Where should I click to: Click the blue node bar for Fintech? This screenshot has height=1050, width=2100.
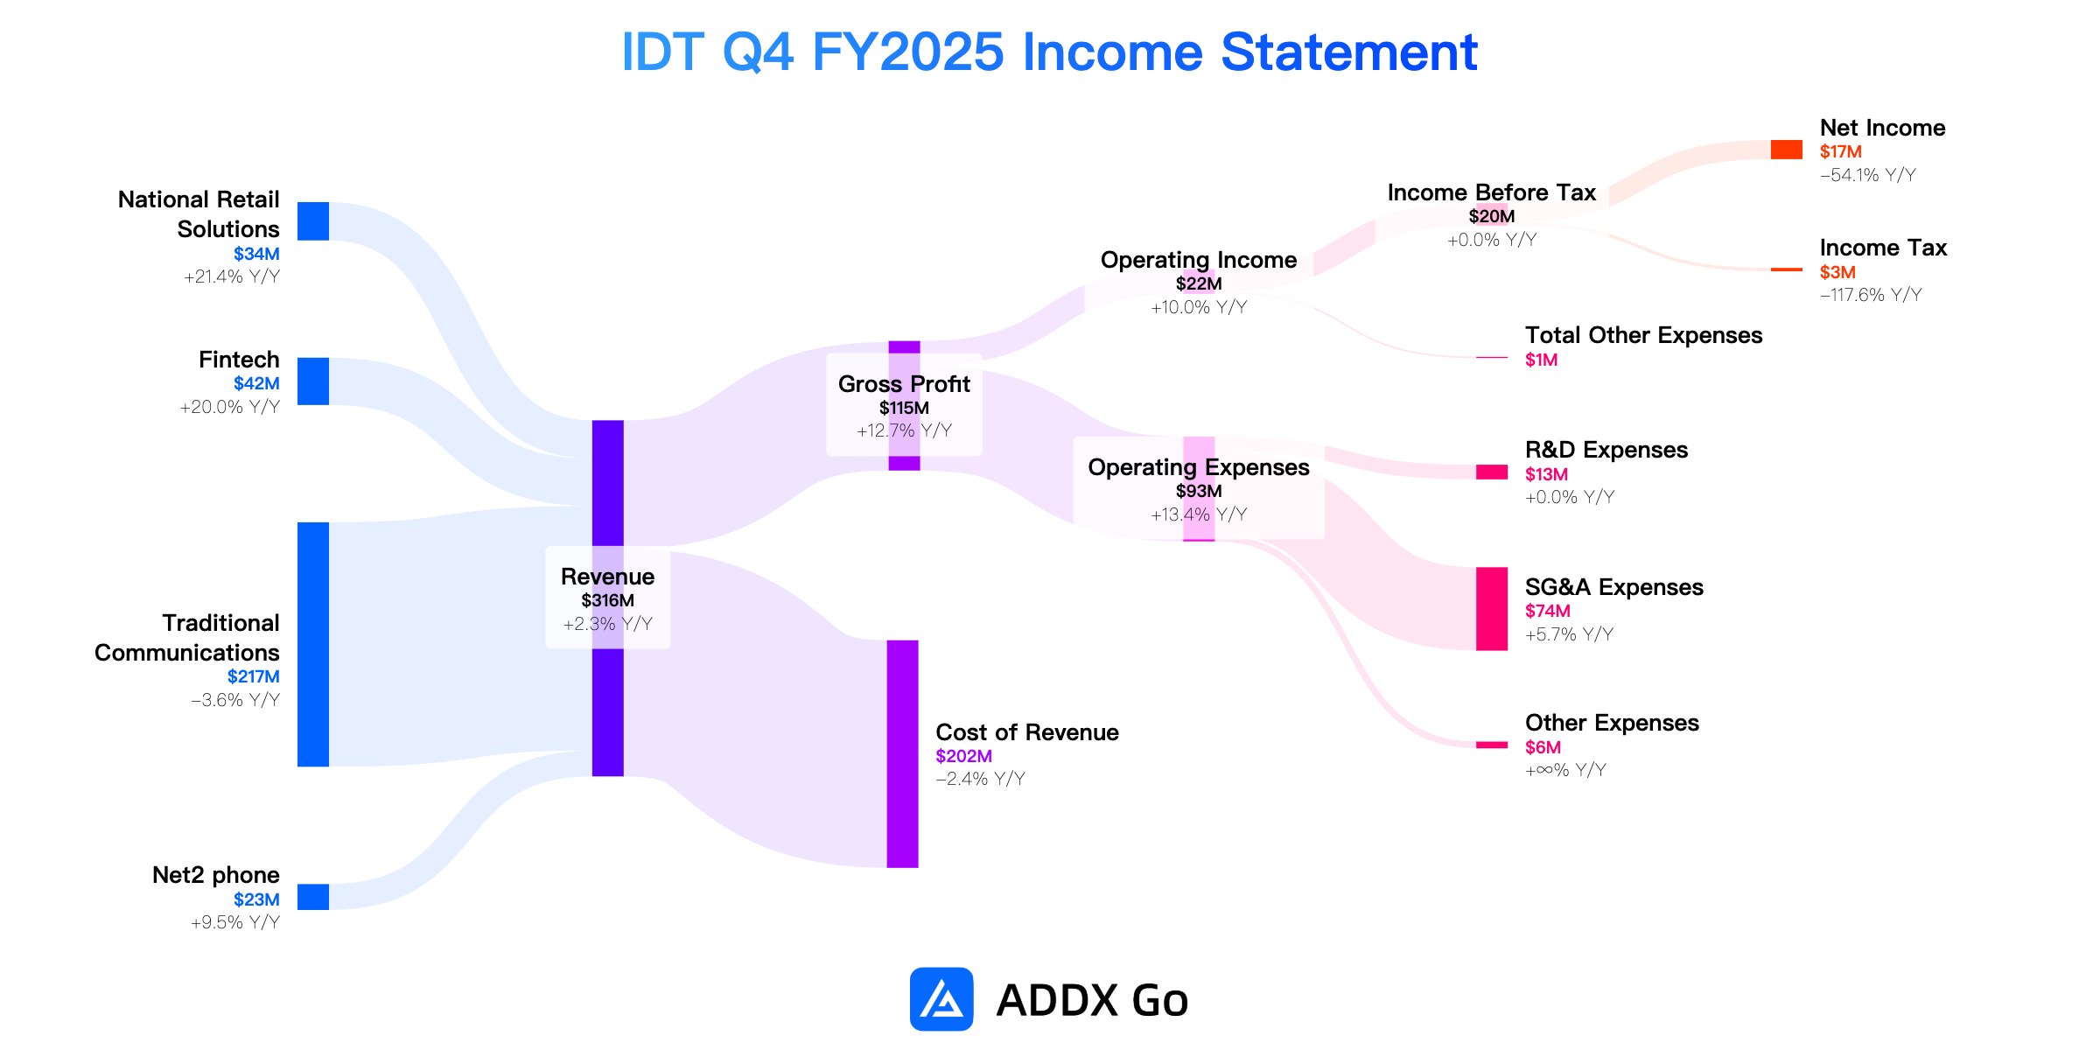pos(313,381)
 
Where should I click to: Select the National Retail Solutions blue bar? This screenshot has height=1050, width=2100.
pos(313,221)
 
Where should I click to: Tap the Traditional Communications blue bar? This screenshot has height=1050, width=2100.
pos(313,645)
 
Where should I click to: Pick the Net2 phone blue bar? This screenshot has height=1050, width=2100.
pos(313,897)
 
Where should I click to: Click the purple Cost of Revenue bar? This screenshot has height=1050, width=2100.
pos(903,754)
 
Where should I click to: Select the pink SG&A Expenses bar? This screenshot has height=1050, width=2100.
pos(1492,609)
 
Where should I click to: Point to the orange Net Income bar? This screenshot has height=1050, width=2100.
pos(1787,150)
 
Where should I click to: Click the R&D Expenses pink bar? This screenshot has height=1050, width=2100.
pos(1492,472)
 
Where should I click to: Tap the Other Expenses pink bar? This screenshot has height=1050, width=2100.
pos(1492,745)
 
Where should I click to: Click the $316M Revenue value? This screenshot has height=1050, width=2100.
pos(608,600)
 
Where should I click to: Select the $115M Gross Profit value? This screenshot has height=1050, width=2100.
pos(904,408)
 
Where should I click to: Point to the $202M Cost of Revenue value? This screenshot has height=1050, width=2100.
pos(964,756)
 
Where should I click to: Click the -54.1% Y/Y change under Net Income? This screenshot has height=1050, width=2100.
pos(1868,175)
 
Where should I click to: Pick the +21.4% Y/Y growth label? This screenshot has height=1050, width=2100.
pos(232,276)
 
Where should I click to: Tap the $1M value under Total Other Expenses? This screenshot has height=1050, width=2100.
pos(1542,360)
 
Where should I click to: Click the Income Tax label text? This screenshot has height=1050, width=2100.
pos(1883,248)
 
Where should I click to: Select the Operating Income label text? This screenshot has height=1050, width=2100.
pos(1199,260)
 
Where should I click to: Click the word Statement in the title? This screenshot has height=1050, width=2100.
pos(1349,52)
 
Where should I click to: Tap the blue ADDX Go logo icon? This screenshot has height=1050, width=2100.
pos(941,999)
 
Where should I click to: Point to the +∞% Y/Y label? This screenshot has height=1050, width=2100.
pos(1566,770)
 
